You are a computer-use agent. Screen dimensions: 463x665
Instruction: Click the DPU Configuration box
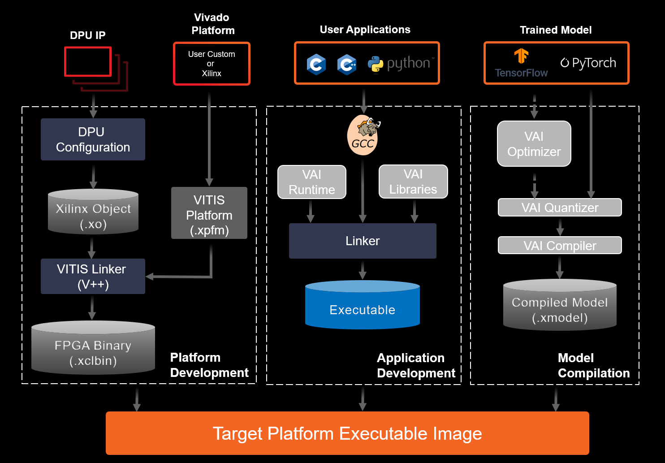tap(93, 139)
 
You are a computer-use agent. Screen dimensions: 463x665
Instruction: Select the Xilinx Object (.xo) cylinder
tap(93, 212)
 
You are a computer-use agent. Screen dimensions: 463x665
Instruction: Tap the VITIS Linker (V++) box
tap(93, 276)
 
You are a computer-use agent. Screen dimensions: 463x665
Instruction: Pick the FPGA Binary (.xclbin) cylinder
tap(93, 348)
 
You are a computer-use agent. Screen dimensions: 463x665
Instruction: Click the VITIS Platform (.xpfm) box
tap(209, 213)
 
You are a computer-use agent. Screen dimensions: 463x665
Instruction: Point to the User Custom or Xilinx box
tap(212, 64)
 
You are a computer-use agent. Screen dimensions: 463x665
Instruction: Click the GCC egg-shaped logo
tap(363, 135)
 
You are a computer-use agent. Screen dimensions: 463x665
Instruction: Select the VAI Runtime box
tap(312, 182)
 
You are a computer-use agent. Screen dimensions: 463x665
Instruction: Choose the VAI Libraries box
tap(413, 182)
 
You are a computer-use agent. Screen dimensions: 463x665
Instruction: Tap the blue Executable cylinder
tap(363, 305)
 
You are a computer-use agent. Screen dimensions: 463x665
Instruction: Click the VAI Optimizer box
tap(534, 144)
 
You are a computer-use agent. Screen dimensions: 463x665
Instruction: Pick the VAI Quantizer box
tap(560, 208)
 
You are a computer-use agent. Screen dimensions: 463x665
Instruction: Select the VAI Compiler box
tap(560, 246)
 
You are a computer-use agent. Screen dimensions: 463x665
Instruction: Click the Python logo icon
tap(376, 64)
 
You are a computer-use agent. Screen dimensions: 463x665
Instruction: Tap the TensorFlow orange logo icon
tap(521, 56)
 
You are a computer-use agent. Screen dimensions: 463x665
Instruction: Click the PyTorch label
tap(588, 63)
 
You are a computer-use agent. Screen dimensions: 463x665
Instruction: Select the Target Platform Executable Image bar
tap(347, 433)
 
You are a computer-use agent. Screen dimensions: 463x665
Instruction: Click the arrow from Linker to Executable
tap(363, 270)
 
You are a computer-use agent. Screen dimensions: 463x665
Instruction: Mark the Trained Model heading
tap(556, 30)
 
